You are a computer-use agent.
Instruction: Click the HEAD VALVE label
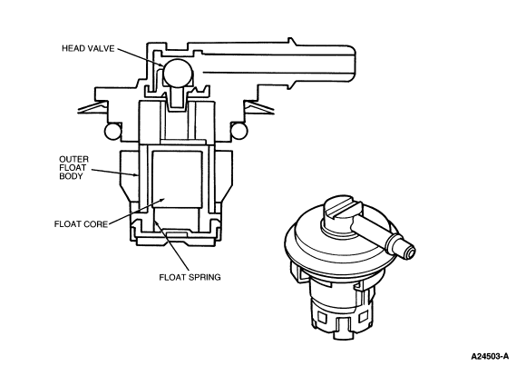pos(88,48)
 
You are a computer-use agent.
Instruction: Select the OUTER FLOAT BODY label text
pos(73,168)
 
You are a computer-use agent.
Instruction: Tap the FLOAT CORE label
pos(81,224)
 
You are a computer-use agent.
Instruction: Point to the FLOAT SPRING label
pos(190,277)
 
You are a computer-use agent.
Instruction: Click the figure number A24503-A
pos(490,356)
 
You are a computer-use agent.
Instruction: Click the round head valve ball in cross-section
pos(178,74)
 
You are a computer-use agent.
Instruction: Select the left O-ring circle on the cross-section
pos(112,131)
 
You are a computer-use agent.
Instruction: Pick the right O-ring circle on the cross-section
pos(239,131)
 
